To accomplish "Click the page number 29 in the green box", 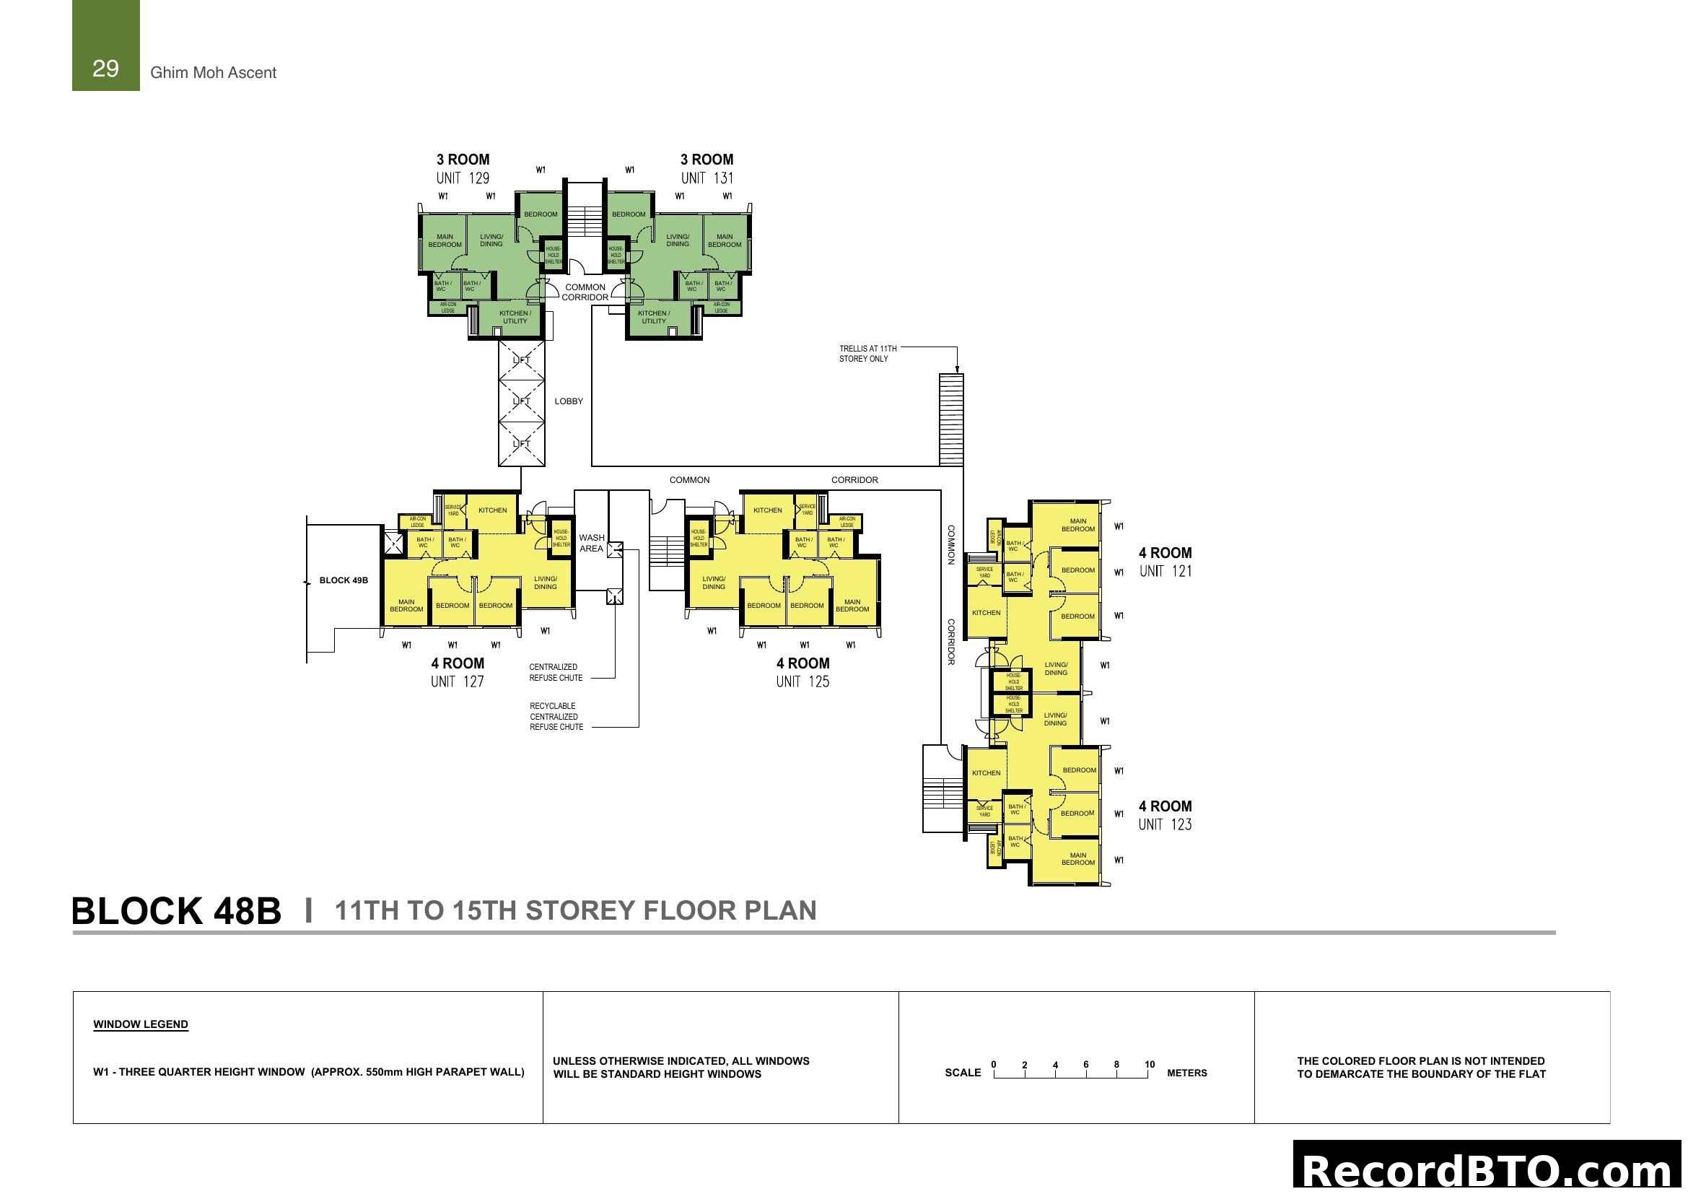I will [x=105, y=69].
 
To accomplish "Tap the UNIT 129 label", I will [x=463, y=178].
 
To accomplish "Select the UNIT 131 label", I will [x=707, y=178].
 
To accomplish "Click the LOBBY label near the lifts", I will [x=568, y=401].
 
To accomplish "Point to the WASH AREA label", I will [x=591, y=544].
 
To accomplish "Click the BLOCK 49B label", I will [x=344, y=581].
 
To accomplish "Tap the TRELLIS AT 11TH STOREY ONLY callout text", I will [x=867, y=354].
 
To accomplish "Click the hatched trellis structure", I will [x=951, y=419].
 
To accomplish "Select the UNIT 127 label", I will [x=458, y=681].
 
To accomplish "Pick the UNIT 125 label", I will [x=802, y=681].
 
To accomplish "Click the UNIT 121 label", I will [x=1166, y=571].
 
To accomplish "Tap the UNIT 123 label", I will [x=1165, y=825].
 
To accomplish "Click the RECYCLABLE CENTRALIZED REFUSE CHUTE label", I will [x=556, y=717].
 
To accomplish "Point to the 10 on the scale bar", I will [x=1149, y=1065].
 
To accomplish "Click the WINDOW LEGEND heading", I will [x=141, y=1025].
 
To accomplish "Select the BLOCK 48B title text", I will [x=176, y=912].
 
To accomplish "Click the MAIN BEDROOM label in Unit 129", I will [x=445, y=241].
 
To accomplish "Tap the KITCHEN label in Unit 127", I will [x=493, y=510].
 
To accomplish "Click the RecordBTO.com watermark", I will [x=1488, y=1169].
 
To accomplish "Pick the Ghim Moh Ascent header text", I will [x=213, y=73].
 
